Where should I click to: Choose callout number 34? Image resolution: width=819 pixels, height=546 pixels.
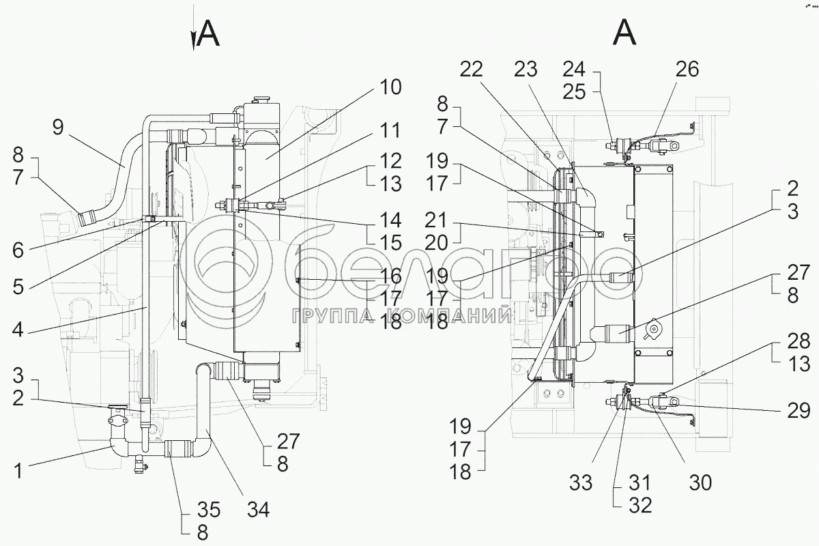coord(258,508)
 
